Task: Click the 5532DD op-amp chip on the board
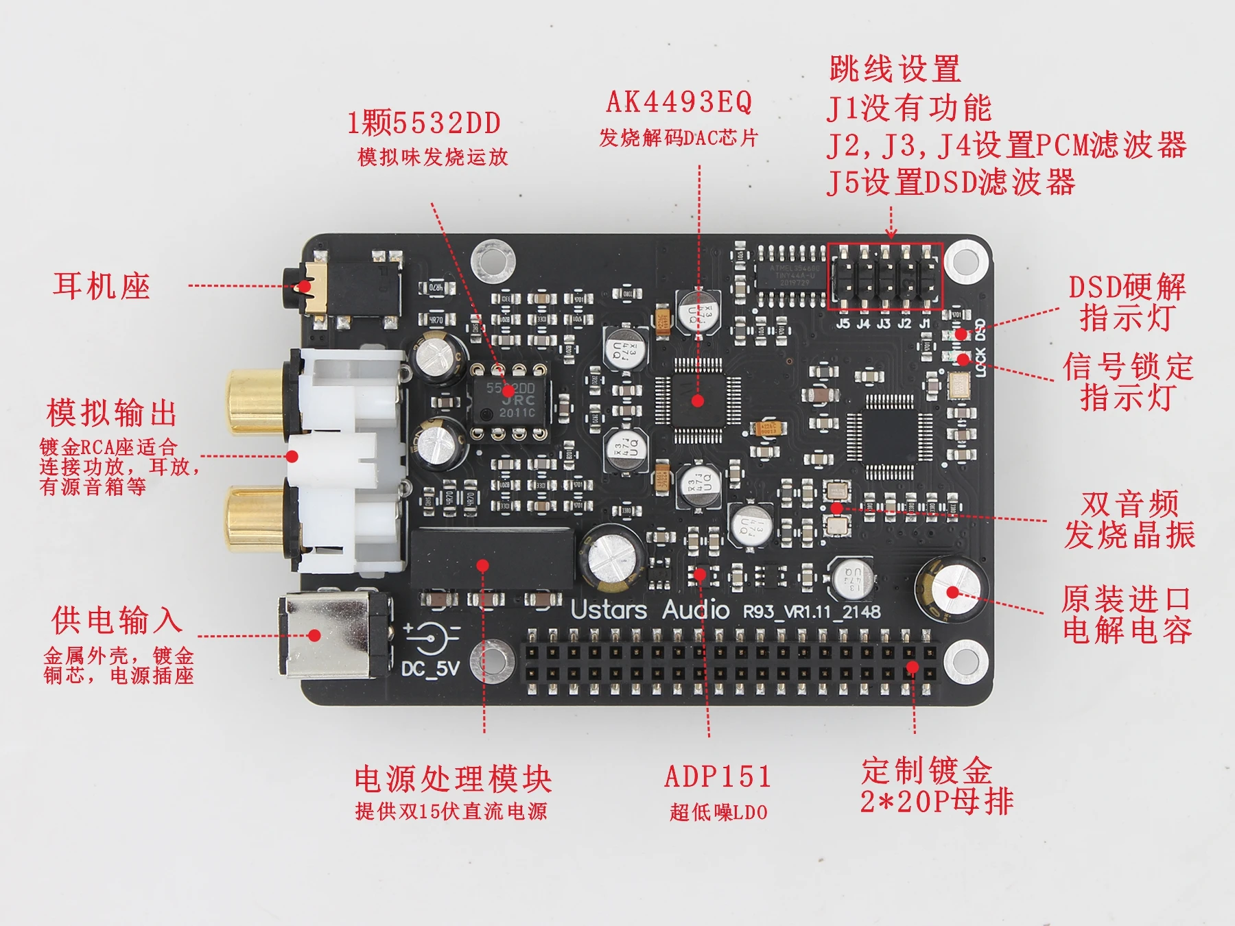click(510, 401)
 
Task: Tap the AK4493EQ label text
click(679, 103)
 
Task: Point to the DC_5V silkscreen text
click(430, 667)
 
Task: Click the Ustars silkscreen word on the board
click(609, 610)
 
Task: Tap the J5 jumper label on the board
click(843, 323)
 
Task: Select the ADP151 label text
click(718, 777)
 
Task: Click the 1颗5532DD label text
click(424, 123)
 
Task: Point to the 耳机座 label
click(102, 285)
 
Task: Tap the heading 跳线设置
click(895, 69)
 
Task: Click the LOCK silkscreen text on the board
click(980, 361)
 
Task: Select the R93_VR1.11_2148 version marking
click(812, 611)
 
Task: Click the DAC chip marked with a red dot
click(698, 401)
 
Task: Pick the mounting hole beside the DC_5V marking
click(492, 660)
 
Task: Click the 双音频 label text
click(1129, 504)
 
